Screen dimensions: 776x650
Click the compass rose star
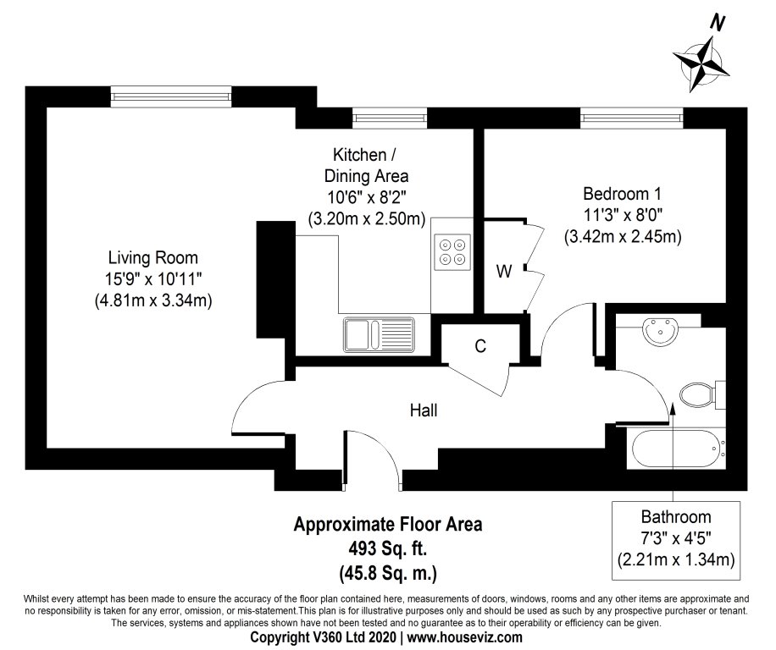701,64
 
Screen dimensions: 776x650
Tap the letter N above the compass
717,23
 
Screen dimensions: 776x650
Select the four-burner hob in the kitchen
451,251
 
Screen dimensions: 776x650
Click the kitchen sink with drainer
379,334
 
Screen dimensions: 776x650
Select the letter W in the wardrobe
504,271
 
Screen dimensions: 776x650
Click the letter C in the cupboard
480,346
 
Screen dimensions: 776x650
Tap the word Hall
424,410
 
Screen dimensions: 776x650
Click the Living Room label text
153,257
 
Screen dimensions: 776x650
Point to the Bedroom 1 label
622,193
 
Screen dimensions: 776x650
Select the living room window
171,96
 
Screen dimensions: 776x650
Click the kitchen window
390,118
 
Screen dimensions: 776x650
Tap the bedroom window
632,118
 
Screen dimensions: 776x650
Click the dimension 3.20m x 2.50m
367,218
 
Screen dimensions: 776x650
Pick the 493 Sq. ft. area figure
388,548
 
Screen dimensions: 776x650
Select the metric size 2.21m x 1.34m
676,559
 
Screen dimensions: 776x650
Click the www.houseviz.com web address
464,637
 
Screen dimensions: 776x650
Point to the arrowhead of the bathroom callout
673,407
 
